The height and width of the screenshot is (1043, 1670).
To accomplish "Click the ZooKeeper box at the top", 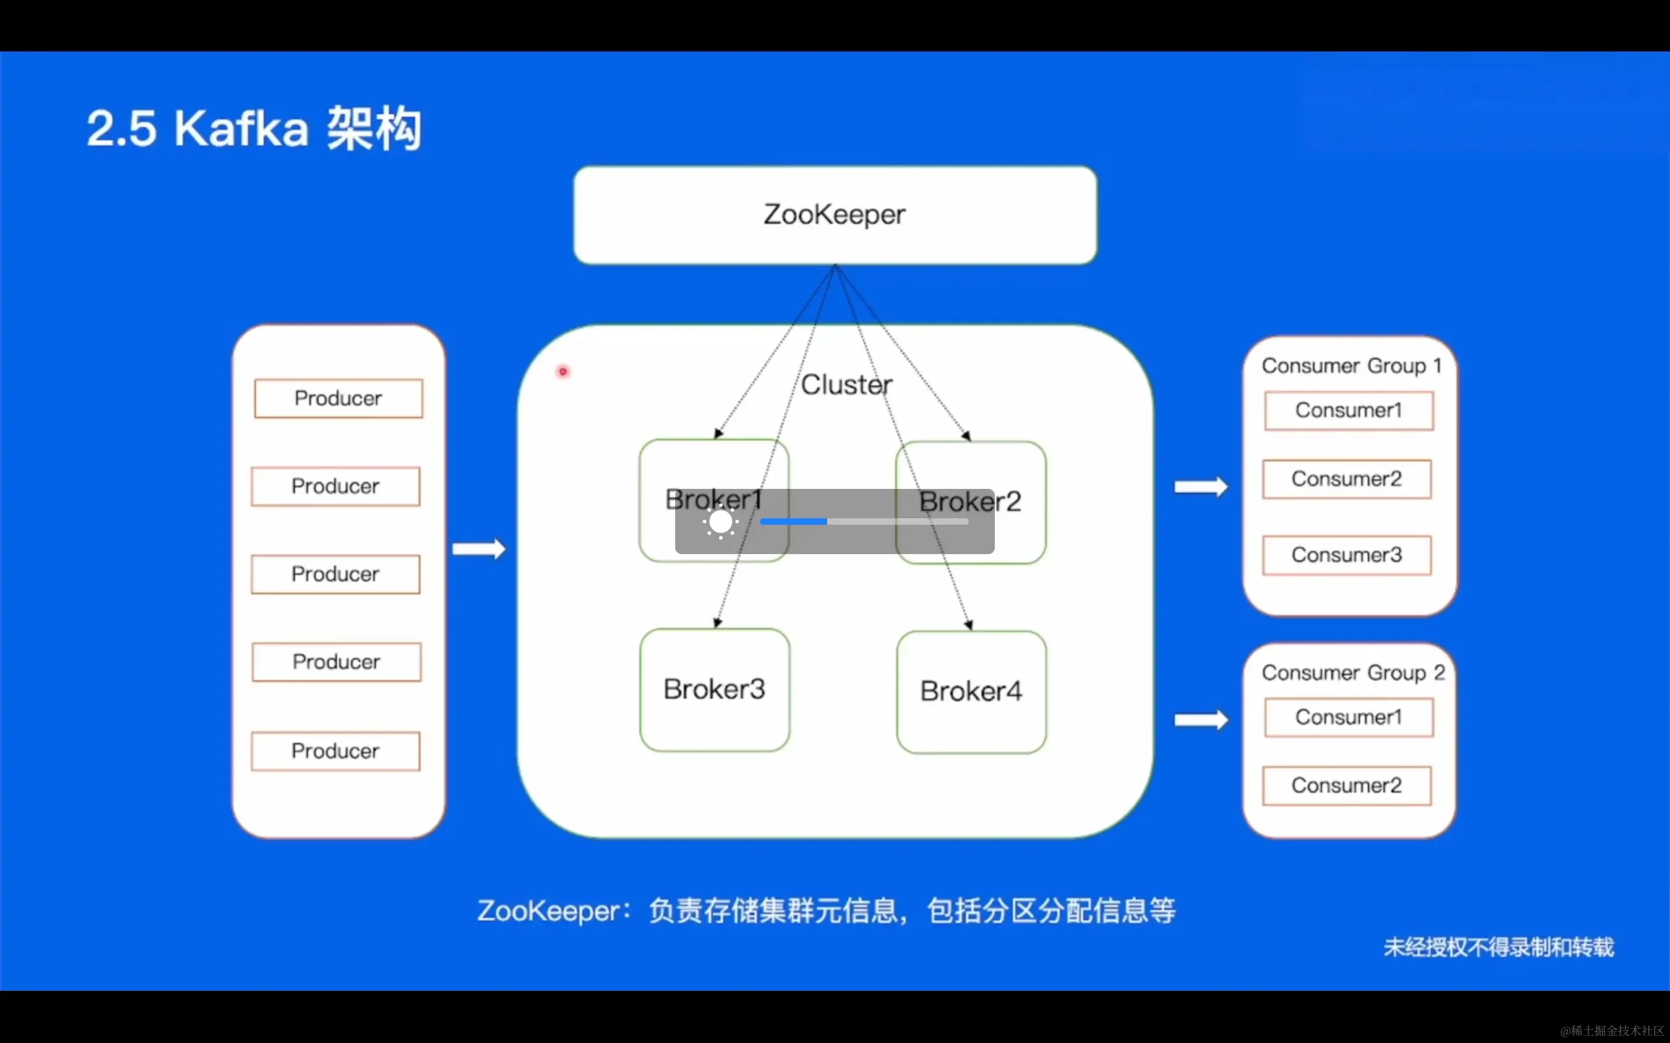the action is click(x=835, y=214).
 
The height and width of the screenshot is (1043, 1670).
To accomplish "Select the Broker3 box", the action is click(x=714, y=689).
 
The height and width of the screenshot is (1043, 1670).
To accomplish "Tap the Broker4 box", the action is click(x=971, y=691).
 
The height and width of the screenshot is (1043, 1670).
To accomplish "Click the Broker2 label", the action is click(x=969, y=501).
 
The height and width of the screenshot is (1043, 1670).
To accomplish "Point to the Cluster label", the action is click(x=847, y=384).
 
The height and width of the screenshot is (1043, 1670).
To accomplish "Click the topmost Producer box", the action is click(x=338, y=398).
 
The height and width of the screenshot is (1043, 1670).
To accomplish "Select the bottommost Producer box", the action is click(x=335, y=750).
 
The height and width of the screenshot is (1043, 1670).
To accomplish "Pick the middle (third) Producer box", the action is click(x=335, y=574).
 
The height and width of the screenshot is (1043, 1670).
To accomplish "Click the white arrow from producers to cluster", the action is click(x=479, y=549).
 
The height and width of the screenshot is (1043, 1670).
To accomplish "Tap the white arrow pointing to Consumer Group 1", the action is click(x=1202, y=487).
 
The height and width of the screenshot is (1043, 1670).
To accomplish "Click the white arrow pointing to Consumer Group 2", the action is click(x=1202, y=720).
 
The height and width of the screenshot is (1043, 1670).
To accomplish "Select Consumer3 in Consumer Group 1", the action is click(x=1347, y=555).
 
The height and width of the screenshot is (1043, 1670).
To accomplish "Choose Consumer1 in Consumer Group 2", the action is click(x=1349, y=718).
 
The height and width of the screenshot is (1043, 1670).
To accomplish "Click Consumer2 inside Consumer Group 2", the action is click(x=1347, y=785).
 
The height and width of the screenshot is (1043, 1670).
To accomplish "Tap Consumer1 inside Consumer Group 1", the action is click(x=1349, y=411).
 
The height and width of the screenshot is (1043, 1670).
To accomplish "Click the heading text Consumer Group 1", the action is click(x=1352, y=366).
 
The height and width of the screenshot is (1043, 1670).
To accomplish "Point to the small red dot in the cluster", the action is click(x=563, y=372).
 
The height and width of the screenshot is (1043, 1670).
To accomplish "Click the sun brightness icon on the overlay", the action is click(x=720, y=522).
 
